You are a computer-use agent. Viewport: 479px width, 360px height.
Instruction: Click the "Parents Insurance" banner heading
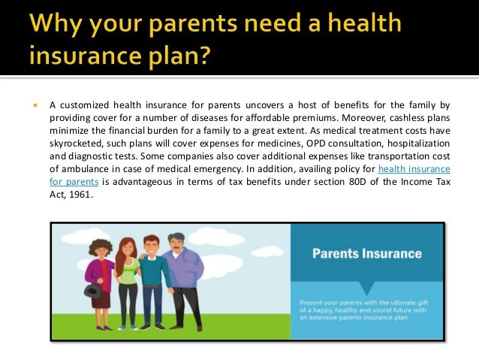coord(367,254)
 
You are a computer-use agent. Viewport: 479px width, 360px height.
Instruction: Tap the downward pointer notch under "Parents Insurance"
coord(367,287)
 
